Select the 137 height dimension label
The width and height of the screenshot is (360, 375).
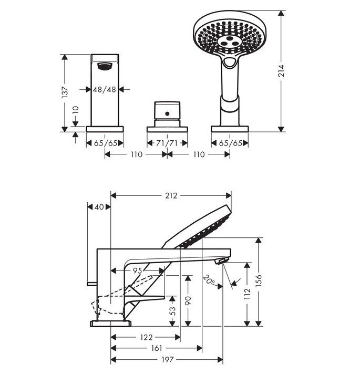point(65,92)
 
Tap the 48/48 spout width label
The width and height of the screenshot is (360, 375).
point(105,89)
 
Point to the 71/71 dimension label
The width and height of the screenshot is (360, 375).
point(167,143)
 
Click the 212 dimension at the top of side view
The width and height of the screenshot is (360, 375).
point(171,195)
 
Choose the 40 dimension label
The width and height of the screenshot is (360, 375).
point(99,207)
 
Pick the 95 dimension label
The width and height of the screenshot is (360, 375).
point(138,270)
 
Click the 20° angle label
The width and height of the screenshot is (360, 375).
point(209,279)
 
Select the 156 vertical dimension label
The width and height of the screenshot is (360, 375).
point(259,280)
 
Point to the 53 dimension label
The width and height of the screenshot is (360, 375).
point(172,311)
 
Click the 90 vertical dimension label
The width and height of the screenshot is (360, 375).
point(188,300)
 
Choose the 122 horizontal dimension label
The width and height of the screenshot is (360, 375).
point(146,337)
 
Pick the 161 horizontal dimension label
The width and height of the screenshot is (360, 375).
point(157,348)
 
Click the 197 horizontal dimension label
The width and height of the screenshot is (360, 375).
point(167,359)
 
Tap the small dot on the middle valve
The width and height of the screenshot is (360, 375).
point(167,113)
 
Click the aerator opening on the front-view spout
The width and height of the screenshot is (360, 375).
point(105,66)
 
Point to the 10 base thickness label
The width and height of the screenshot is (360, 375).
point(76,110)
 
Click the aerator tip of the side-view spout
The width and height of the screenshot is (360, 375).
point(222,261)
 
